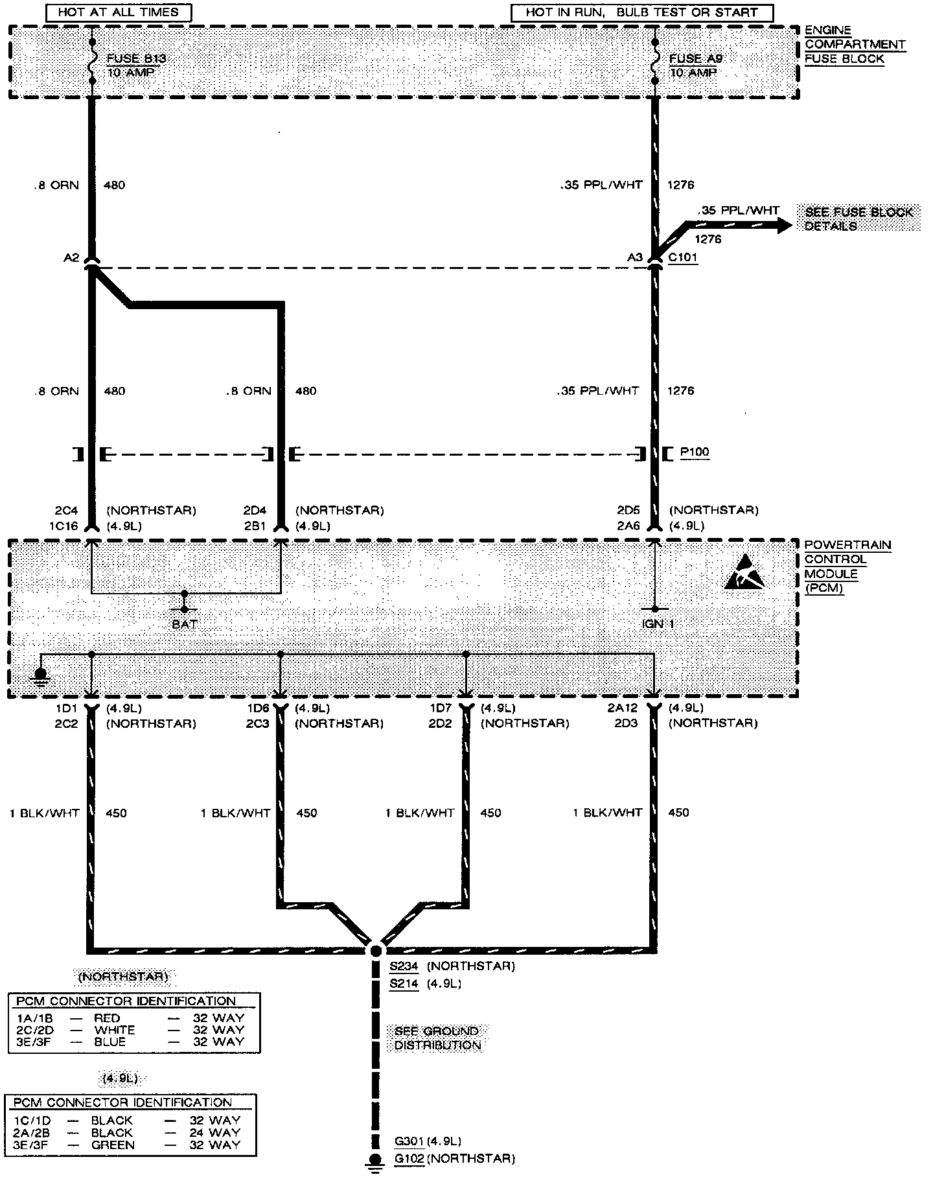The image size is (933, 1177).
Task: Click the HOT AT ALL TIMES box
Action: (118, 12)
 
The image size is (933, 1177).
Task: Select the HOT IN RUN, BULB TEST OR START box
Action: (641, 12)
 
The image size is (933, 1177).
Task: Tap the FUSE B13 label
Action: (136, 58)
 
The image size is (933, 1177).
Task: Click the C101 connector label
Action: (683, 257)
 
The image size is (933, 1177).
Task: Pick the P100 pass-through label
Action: (695, 452)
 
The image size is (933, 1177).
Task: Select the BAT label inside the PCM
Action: (185, 624)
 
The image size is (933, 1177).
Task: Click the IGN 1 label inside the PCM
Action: (658, 623)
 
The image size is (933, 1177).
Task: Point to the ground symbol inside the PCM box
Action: (41, 678)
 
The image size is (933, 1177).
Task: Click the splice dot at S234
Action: (375, 951)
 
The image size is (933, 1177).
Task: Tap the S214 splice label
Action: (403, 984)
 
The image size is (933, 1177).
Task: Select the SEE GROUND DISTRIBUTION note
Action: (438, 1038)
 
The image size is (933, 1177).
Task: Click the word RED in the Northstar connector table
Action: (107, 1018)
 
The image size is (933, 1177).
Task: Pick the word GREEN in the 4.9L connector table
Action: (113, 1145)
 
